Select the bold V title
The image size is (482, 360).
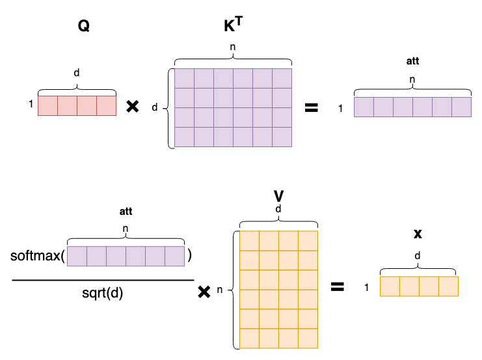(x=278, y=195)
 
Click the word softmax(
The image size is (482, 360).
(x=38, y=255)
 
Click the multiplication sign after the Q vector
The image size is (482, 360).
(x=133, y=107)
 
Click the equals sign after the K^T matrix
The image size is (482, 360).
(x=312, y=107)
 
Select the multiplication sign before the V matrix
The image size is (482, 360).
(x=204, y=293)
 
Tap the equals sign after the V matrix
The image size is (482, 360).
(x=337, y=286)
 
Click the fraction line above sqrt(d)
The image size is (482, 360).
(x=102, y=280)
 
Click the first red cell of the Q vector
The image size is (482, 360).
(x=48, y=106)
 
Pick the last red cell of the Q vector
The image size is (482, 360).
(x=107, y=106)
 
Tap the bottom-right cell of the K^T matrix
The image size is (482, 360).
(x=282, y=137)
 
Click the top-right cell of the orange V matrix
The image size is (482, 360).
(x=308, y=240)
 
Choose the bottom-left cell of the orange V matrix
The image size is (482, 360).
(x=250, y=339)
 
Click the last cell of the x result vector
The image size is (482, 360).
(x=449, y=286)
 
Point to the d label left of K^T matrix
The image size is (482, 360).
(x=154, y=107)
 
